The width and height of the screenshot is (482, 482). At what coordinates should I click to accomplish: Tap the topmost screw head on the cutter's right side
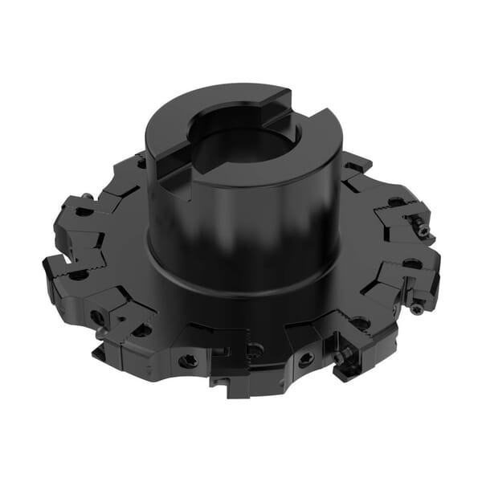tap(421, 230)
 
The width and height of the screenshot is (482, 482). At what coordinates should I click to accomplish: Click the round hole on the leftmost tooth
tap(78, 275)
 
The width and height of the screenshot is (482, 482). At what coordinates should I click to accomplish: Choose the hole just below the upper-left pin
tap(83, 211)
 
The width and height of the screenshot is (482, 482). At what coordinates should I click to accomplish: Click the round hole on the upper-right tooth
tap(395, 202)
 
